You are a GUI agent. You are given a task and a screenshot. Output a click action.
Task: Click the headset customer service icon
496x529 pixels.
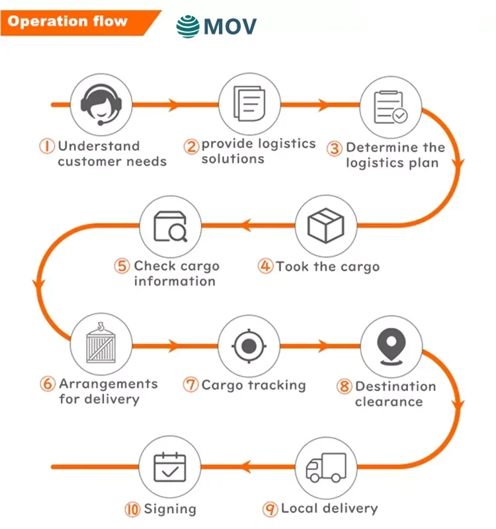pyautogui.click(x=101, y=104)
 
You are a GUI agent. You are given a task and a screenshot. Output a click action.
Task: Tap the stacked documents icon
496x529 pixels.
pyautogui.click(x=249, y=104)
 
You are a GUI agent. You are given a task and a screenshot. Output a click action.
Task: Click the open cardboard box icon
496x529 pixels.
pyautogui.click(x=326, y=226)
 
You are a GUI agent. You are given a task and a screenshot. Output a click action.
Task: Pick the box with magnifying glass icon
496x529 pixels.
pyautogui.click(x=170, y=226)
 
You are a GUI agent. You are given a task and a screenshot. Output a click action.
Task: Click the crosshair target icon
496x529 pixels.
pyautogui.click(x=249, y=345)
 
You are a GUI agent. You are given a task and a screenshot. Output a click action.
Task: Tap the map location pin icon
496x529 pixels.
pyautogui.click(x=390, y=345)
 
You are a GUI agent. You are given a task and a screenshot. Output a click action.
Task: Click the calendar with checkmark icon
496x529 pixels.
pyautogui.click(x=170, y=468)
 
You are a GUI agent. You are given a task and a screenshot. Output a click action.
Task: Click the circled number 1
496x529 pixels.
pyautogui.click(x=48, y=146)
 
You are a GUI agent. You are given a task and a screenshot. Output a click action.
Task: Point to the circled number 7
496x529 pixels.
pyautogui.click(x=191, y=385)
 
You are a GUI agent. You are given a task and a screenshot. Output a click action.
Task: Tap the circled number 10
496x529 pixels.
pyautogui.click(x=132, y=509)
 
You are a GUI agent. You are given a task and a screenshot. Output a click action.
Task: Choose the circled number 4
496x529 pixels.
pyautogui.click(x=266, y=266)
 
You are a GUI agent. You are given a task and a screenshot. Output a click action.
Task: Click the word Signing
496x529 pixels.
pyautogui.click(x=170, y=509)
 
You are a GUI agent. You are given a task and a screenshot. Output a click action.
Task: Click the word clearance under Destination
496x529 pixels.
pyautogui.click(x=389, y=401)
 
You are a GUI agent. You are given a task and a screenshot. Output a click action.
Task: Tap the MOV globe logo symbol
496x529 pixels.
pyautogui.click(x=188, y=26)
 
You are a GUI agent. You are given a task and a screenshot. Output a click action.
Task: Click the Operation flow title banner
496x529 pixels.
pyautogui.click(x=69, y=21)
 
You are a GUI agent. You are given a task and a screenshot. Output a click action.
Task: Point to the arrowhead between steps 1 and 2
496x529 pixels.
pyautogui.click(x=173, y=104)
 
